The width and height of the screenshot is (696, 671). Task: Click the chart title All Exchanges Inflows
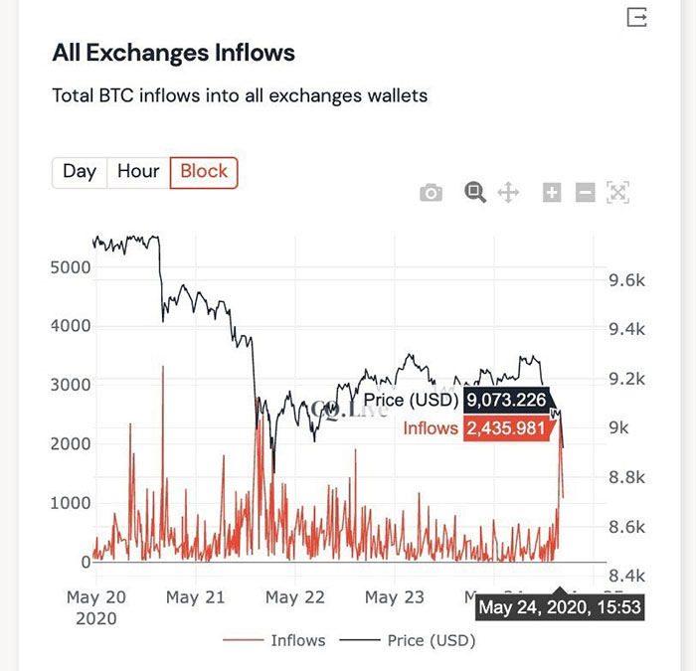click(x=173, y=53)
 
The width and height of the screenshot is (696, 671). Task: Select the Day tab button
click(x=80, y=171)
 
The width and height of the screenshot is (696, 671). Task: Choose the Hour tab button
click(x=138, y=171)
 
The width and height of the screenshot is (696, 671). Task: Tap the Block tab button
click(x=204, y=171)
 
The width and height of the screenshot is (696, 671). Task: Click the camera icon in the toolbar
click(x=431, y=193)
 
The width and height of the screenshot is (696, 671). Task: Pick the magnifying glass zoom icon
click(x=474, y=193)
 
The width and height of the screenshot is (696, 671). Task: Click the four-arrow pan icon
click(x=508, y=193)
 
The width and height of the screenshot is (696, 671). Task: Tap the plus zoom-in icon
click(x=552, y=193)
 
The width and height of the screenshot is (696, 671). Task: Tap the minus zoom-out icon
click(x=586, y=193)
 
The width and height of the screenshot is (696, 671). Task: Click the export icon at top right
click(x=636, y=17)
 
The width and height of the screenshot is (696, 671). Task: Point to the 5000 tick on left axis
click(x=71, y=266)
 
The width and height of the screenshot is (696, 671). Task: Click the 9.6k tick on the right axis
click(x=626, y=280)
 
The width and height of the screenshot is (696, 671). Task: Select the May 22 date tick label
click(x=295, y=597)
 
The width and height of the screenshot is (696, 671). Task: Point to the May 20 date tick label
click(x=95, y=597)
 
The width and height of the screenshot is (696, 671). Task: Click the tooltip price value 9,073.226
click(x=506, y=401)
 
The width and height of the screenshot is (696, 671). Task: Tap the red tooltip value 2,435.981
click(x=506, y=428)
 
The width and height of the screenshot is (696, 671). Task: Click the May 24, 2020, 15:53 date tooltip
click(x=561, y=606)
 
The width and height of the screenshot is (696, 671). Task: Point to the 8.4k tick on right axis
click(x=626, y=576)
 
